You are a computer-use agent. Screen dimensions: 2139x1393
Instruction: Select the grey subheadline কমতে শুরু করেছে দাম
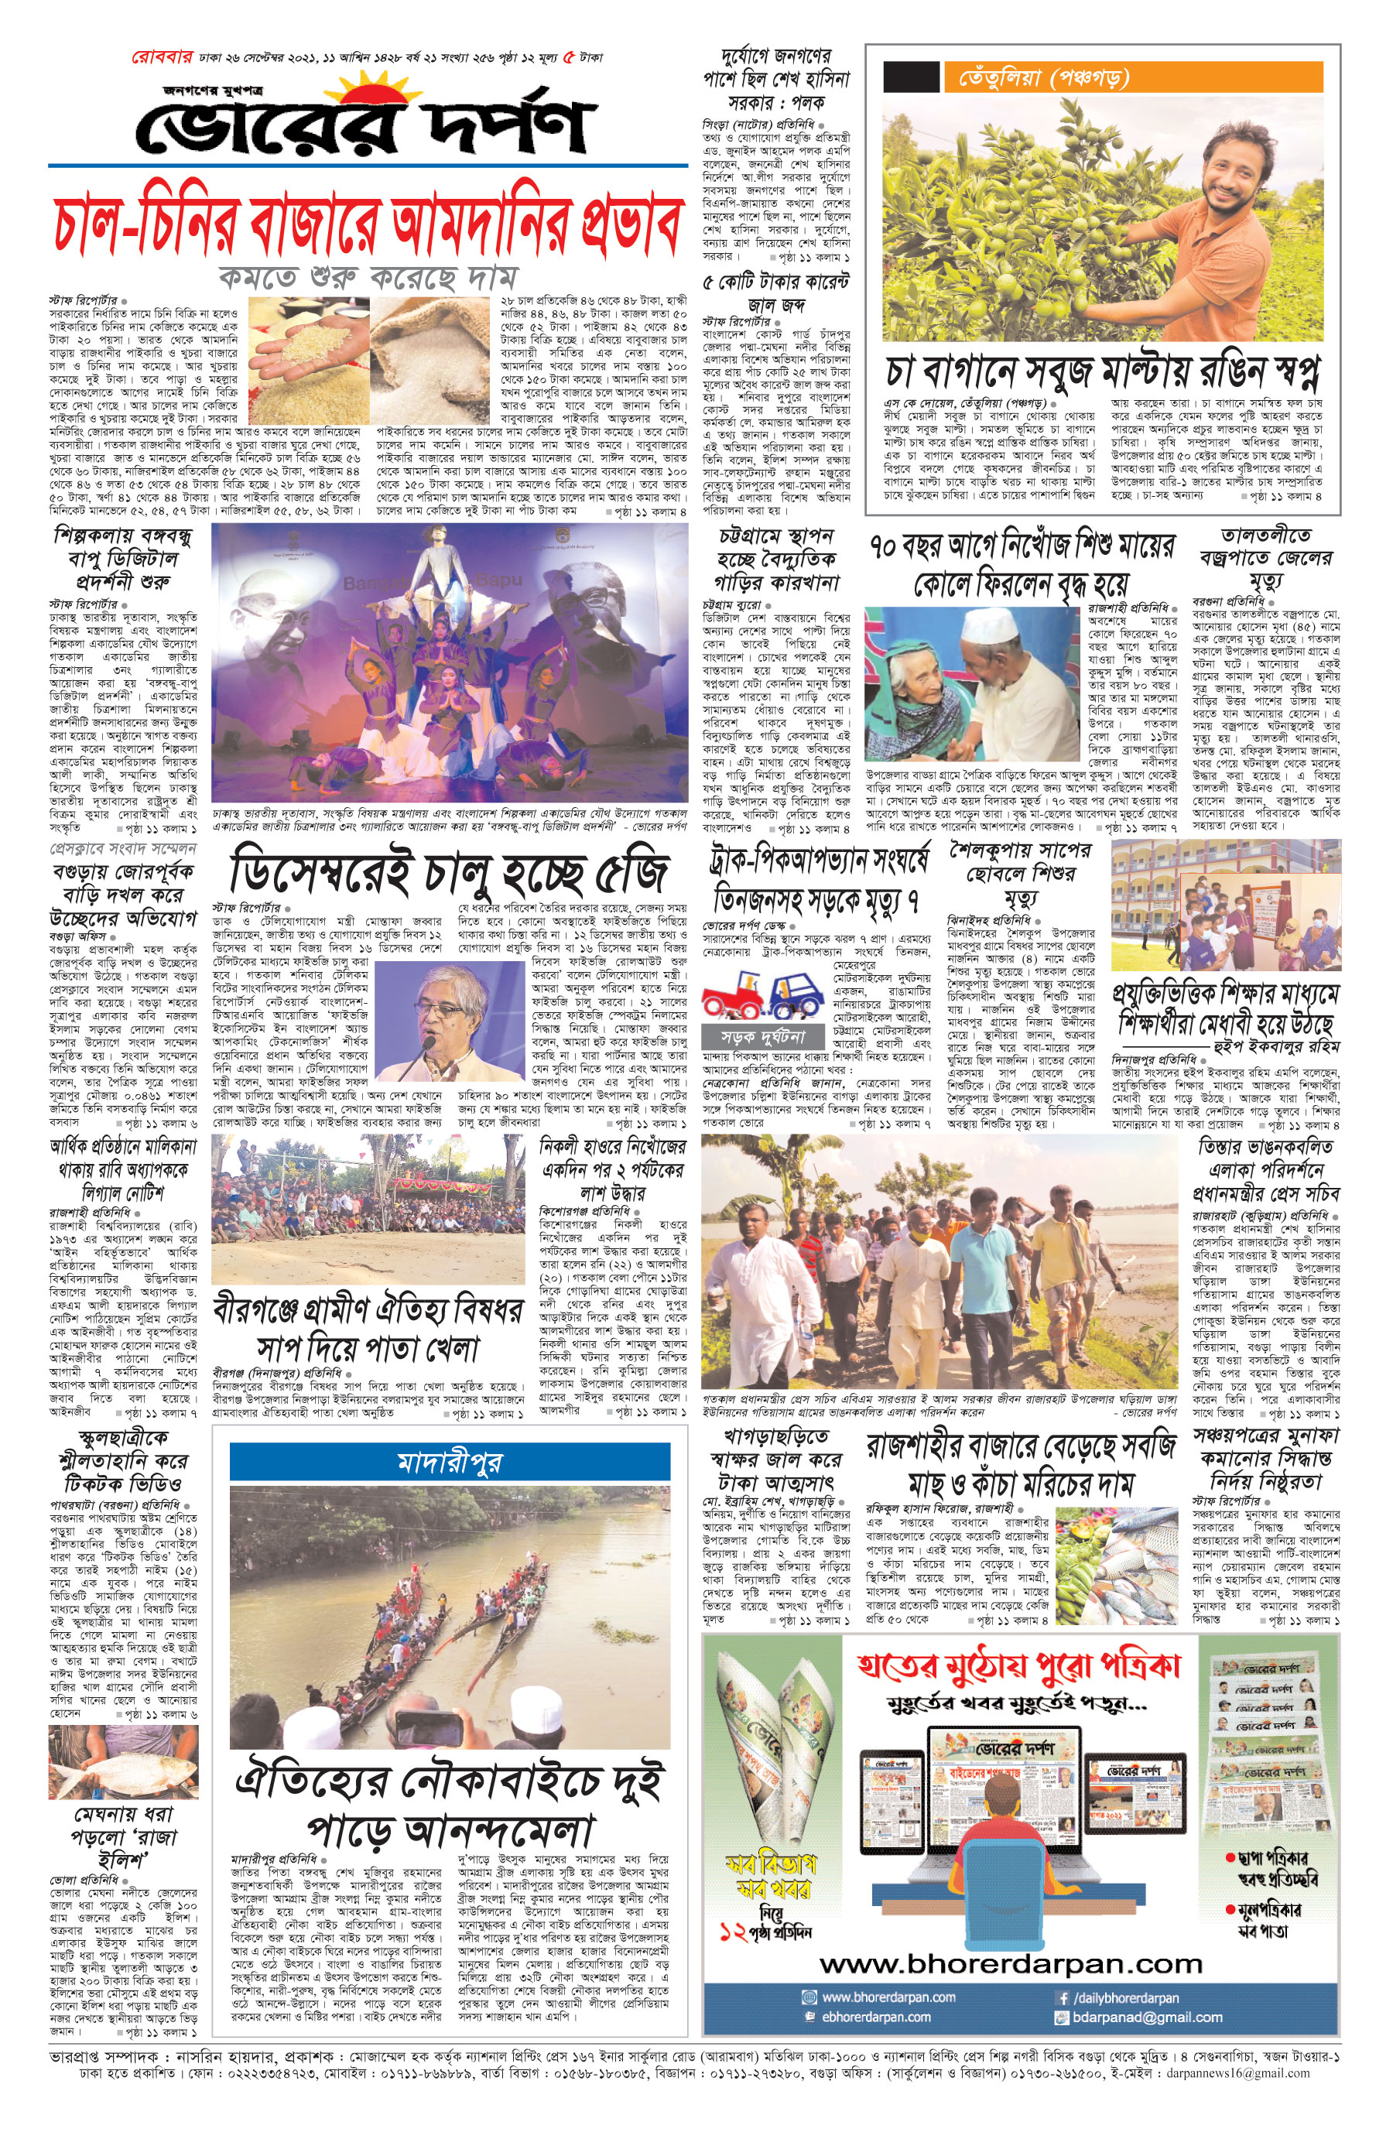368,276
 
